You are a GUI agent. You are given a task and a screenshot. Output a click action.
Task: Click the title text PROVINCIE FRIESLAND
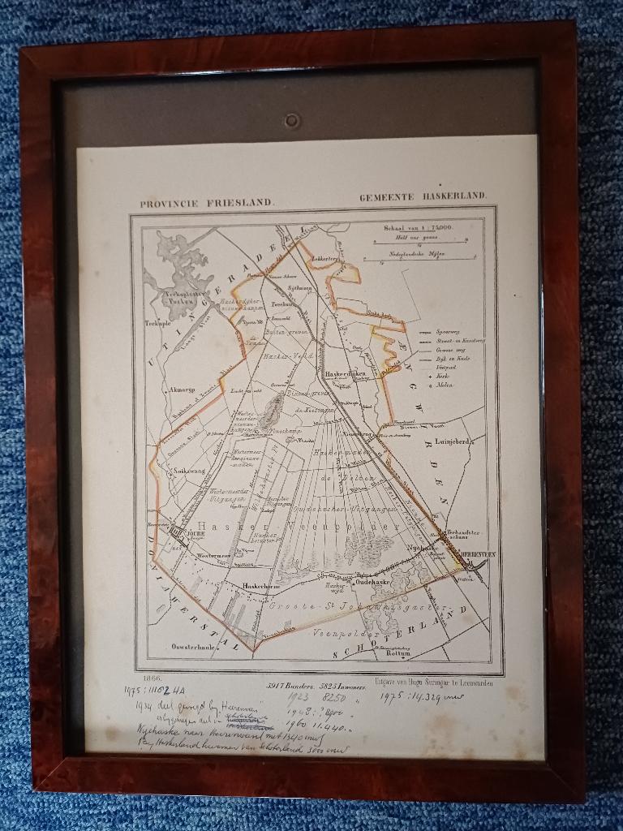[207, 204]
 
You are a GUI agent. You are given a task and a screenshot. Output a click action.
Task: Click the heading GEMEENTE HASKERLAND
[423, 196]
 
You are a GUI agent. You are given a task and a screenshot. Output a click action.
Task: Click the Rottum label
[398, 652]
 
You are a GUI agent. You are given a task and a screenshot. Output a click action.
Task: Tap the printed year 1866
[152, 678]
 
